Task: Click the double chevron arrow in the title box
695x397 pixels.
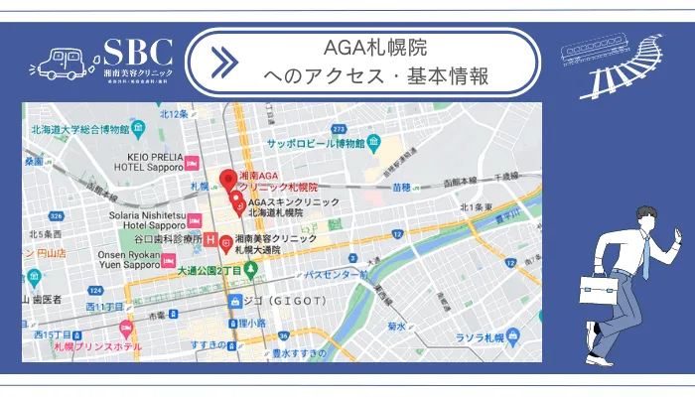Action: click(x=224, y=62)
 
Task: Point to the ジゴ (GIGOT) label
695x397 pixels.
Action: click(x=278, y=300)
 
